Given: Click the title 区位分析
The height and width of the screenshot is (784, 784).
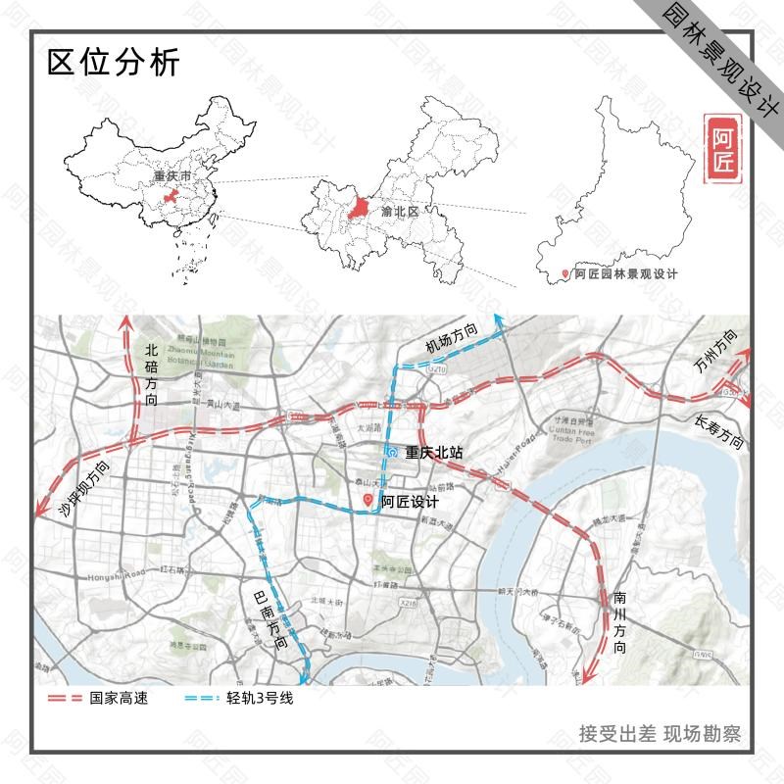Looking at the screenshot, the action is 114,63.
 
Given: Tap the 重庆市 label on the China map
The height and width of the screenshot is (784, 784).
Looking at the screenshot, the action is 172,176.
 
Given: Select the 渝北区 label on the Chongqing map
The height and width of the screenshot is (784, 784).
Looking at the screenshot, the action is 400,211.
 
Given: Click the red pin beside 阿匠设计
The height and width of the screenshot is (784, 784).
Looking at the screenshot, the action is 368,500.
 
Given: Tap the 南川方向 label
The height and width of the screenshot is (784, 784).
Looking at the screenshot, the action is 619,616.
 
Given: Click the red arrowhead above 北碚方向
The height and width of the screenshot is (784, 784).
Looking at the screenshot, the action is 124,324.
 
